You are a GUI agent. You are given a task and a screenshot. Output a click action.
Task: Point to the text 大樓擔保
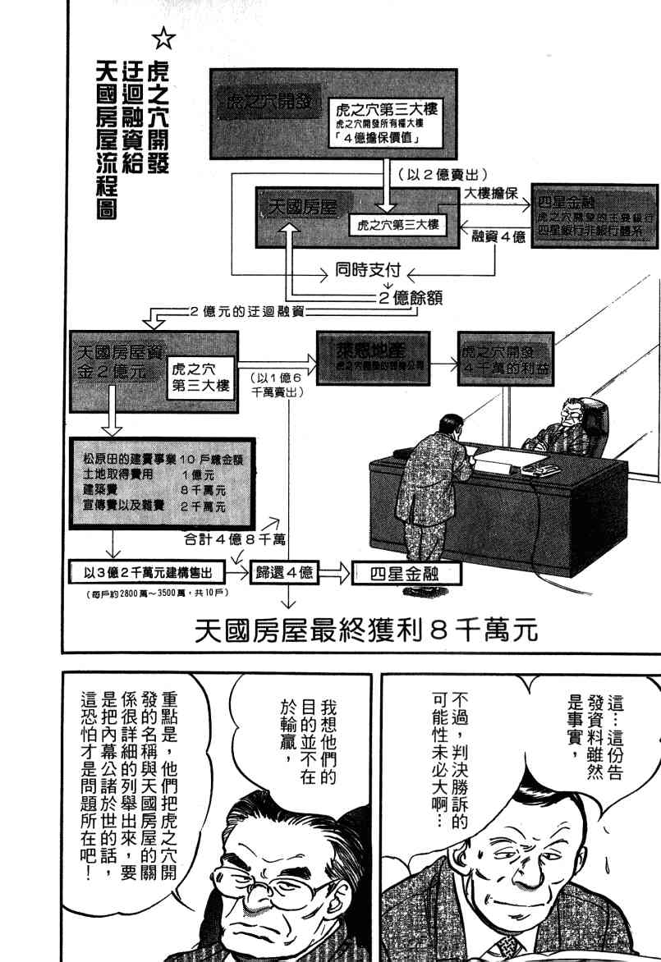[x=490, y=192]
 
